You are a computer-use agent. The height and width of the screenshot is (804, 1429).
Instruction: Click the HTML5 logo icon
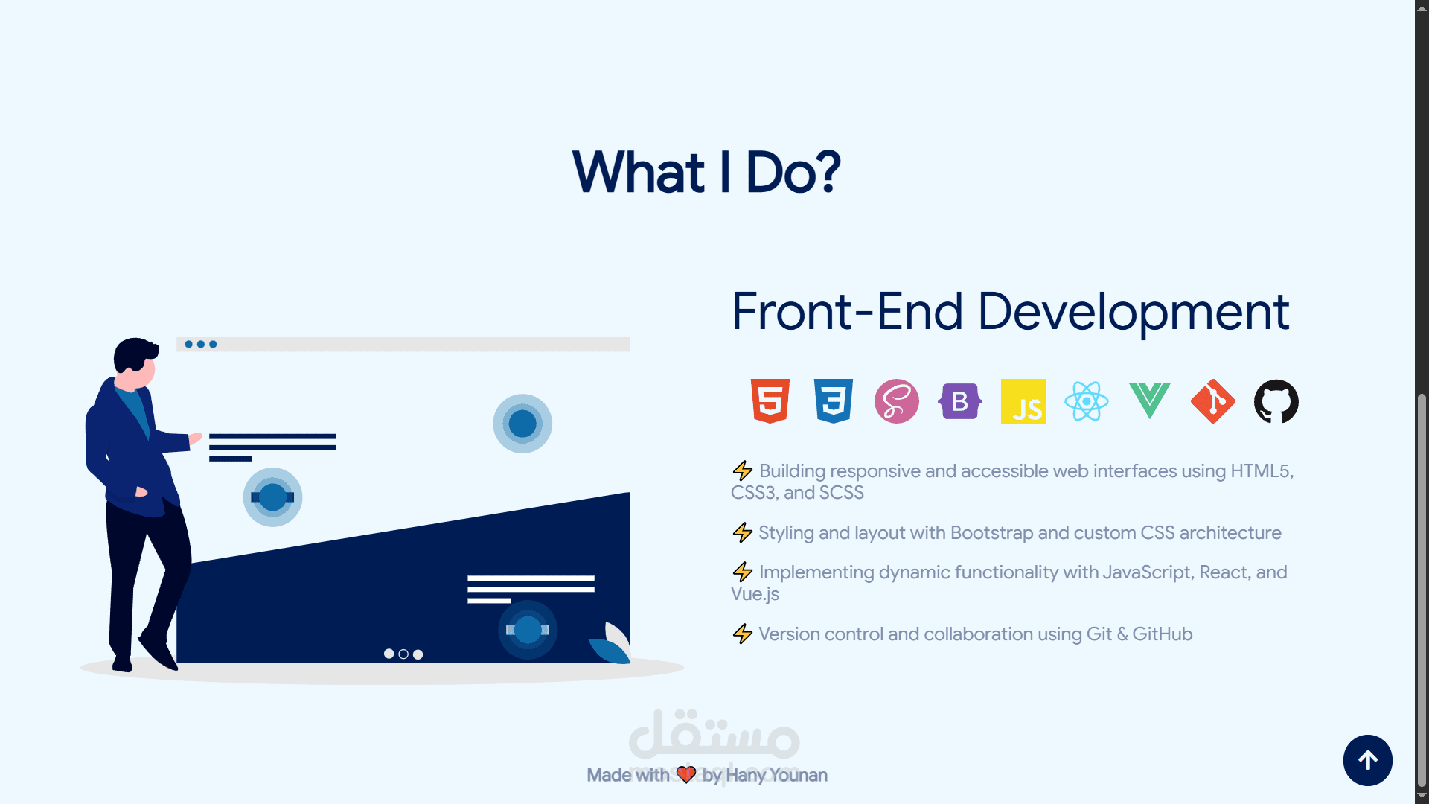pos(770,401)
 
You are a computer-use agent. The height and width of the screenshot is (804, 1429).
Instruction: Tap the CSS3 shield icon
pos(834,401)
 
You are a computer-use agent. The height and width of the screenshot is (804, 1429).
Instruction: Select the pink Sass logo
pos(897,401)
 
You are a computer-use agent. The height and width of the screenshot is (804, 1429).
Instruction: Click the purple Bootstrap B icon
pos(960,401)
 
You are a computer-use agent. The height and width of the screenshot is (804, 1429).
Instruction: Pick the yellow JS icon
pos(1023,401)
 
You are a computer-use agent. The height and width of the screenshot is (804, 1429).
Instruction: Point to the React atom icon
pos(1087,401)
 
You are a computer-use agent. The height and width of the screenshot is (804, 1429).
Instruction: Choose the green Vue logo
pos(1150,401)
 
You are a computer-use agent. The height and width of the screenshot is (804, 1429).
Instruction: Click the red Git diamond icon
pos(1213,401)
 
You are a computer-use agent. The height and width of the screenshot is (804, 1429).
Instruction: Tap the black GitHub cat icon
pos(1276,401)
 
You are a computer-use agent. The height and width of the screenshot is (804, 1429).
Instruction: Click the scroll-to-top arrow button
pos(1368,760)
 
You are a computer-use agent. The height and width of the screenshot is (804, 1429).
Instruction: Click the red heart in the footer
pos(686,775)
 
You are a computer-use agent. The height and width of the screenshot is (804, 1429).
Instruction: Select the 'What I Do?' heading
pos(706,172)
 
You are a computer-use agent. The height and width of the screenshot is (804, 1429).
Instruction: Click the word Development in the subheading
pos(1134,311)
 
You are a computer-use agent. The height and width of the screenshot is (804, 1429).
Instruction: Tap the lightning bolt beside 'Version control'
pos(742,634)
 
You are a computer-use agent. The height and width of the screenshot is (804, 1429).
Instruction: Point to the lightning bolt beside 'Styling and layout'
pos(742,532)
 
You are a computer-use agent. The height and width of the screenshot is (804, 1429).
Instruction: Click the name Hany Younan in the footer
pos(776,775)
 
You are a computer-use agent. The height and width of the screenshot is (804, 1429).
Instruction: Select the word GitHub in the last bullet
pos(1163,634)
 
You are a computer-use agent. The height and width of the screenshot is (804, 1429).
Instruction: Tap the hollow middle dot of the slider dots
pos(403,654)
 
